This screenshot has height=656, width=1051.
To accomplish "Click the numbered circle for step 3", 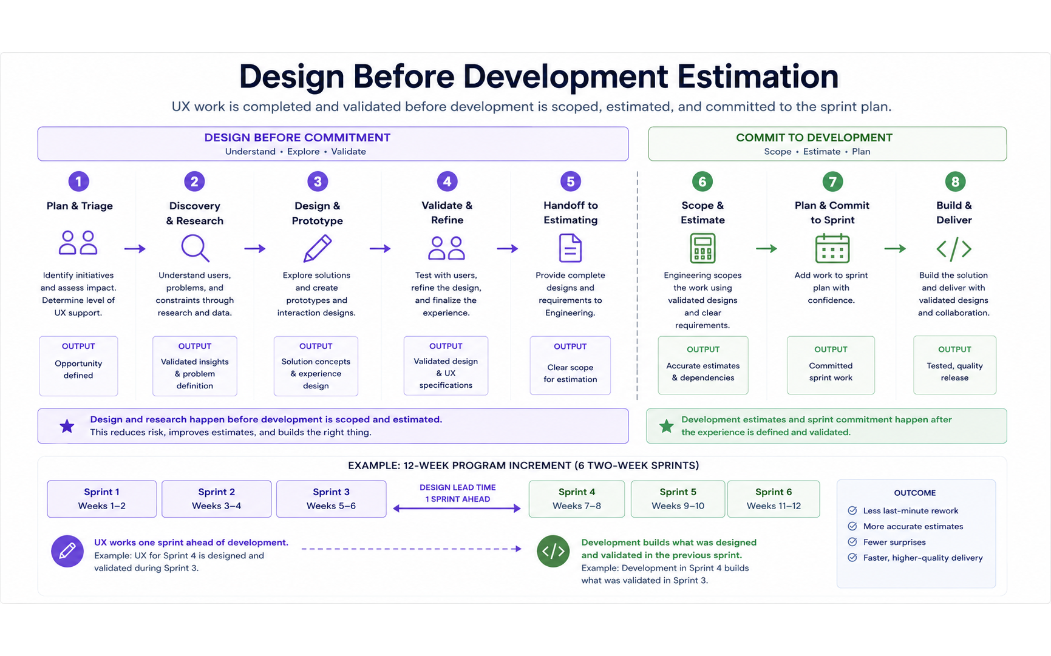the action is pyautogui.click(x=318, y=181).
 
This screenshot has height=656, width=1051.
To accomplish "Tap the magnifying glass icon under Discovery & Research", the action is pyautogui.click(x=195, y=248).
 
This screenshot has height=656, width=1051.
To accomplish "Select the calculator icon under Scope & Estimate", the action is pyautogui.click(x=702, y=248).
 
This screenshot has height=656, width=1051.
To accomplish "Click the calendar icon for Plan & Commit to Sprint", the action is pyautogui.click(x=832, y=248).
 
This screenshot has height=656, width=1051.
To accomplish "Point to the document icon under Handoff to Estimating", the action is pyautogui.click(x=570, y=248).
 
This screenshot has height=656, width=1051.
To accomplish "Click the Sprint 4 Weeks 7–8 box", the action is pyautogui.click(x=577, y=499).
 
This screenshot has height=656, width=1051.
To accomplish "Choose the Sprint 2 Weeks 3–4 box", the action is pyautogui.click(x=217, y=499).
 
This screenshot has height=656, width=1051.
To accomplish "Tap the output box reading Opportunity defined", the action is pyautogui.click(x=78, y=366).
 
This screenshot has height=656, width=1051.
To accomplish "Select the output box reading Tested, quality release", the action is pyautogui.click(x=954, y=365).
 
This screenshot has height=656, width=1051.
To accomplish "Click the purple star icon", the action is pyautogui.click(x=67, y=426).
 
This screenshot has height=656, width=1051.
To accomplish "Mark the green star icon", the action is pyautogui.click(x=667, y=426).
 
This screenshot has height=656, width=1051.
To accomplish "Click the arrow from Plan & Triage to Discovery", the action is pyautogui.click(x=135, y=249).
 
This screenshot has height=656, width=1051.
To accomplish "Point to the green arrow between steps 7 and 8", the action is pyautogui.click(x=895, y=249).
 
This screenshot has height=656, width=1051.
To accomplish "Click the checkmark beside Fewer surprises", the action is pyautogui.click(x=852, y=542).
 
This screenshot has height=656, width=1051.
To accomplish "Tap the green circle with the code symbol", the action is pyautogui.click(x=553, y=551).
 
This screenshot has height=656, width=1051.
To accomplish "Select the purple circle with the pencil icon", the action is pyautogui.click(x=67, y=551).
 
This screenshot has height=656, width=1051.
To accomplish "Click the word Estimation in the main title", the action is pyautogui.click(x=758, y=76).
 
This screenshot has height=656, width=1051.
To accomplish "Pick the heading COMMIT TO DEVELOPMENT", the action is pyautogui.click(x=814, y=138).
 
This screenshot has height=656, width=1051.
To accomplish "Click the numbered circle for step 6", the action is pyautogui.click(x=702, y=181).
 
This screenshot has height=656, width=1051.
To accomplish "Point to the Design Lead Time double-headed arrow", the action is pyautogui.click(x=457, y=509).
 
